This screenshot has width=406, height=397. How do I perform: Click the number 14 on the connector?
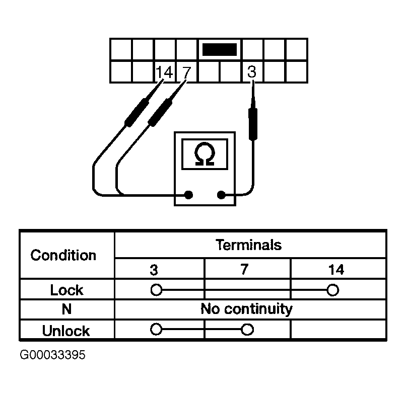164,72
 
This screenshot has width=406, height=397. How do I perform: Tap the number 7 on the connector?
186,72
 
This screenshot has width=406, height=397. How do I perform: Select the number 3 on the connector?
252,71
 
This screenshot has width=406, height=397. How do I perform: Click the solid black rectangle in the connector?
219,49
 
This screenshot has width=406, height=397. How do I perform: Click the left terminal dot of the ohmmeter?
188,195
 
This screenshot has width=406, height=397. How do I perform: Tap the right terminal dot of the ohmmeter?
221,195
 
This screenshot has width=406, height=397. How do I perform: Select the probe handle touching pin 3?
253,124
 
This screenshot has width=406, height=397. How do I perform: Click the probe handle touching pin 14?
137,113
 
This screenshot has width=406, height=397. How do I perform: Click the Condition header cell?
63,255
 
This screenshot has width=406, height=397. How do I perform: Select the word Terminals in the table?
248,245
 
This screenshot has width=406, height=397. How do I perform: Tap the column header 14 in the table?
336,270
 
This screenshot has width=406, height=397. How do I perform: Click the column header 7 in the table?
244,269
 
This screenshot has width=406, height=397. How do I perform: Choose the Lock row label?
66,290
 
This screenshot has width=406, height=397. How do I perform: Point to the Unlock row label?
66,331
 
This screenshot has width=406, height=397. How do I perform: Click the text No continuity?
246,309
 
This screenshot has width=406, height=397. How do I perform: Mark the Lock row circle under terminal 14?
333,290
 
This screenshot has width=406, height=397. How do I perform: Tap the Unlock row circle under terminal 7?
247,330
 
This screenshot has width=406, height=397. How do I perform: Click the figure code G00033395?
52,355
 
